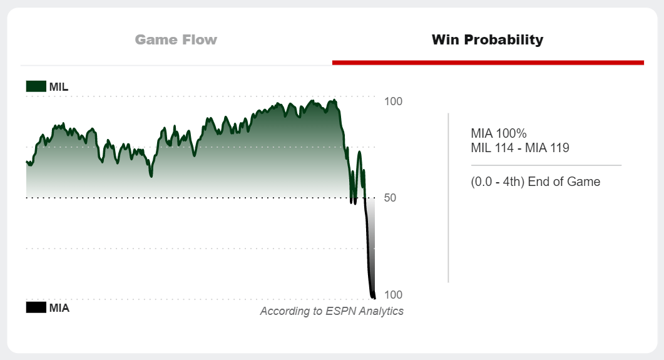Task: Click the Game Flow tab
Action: [176, 40]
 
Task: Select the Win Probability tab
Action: [488, 40]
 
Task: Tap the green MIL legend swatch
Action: [36, 86]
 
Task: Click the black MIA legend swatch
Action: [36, 307]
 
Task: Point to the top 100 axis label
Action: [393, 101]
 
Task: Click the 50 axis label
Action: [390, 198]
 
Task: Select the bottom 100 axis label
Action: [393, 295]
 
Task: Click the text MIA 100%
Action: [499, 133]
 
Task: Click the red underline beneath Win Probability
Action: [488, 63]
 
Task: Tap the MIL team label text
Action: [59, 86]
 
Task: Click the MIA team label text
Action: [59, 307]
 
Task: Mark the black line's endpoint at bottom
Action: [374, 297]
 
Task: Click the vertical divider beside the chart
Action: [448, 198]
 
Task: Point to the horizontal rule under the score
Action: [546, 165]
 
